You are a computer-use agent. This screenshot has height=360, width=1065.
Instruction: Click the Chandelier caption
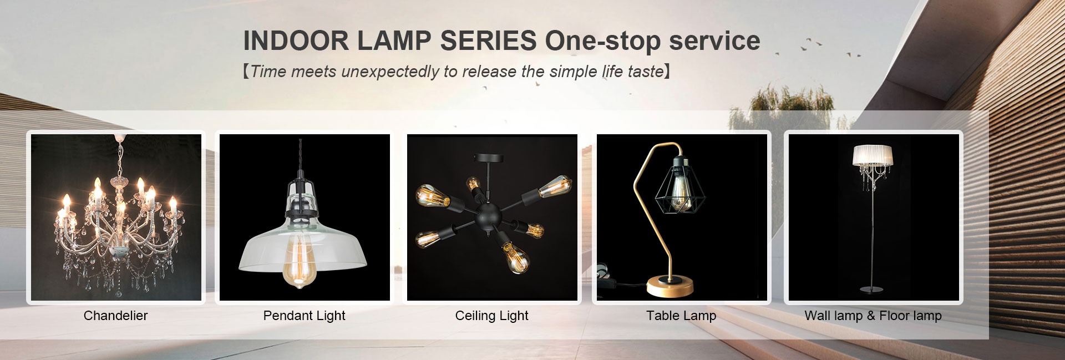(x=115, y=316)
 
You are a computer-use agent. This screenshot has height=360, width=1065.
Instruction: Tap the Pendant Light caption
(x=304, y=316)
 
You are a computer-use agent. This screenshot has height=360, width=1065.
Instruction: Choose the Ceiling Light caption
(x=491, y=316)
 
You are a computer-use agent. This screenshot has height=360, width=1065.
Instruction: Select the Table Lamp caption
(x=681, y=316)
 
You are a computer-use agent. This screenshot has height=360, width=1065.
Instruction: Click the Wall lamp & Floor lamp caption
(x=873, y=316)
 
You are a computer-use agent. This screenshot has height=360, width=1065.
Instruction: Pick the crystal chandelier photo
(x=116, y=217)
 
